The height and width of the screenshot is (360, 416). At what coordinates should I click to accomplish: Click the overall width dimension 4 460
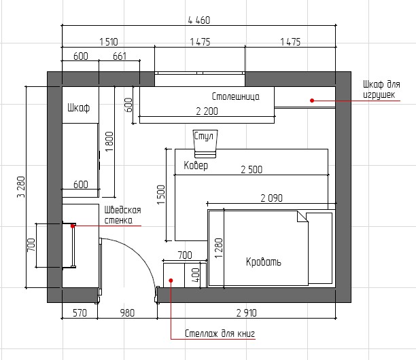199,20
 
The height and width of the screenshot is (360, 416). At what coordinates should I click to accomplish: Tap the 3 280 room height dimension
21,187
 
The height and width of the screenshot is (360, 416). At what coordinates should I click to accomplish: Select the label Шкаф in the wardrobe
79,107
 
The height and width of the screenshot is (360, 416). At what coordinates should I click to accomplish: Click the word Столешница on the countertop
236,96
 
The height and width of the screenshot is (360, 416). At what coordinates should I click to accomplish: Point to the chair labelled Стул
205,143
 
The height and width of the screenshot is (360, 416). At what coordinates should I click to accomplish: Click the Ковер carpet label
196,165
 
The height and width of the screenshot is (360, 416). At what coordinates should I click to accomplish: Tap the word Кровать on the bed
264,262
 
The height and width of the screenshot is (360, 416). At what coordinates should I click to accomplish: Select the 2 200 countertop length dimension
207,111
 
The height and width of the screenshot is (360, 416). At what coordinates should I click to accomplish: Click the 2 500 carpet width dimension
252,169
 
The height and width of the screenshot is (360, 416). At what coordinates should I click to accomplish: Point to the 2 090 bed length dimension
271,198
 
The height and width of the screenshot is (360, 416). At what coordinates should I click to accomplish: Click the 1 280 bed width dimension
219,248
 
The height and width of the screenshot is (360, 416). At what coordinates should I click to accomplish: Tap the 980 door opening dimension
127,313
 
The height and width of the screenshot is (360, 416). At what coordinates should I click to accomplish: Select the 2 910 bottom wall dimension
247,313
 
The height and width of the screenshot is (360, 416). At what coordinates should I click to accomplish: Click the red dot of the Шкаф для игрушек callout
312,101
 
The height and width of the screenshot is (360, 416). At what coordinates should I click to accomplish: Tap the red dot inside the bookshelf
171,281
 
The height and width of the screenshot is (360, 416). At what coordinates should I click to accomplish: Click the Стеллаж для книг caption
220,334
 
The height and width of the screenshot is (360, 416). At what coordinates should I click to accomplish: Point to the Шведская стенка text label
122,215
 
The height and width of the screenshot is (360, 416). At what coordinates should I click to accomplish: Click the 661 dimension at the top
120,56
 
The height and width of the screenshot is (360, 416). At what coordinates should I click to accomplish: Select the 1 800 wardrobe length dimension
109,142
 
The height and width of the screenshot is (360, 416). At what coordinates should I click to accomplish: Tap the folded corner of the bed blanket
302,216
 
